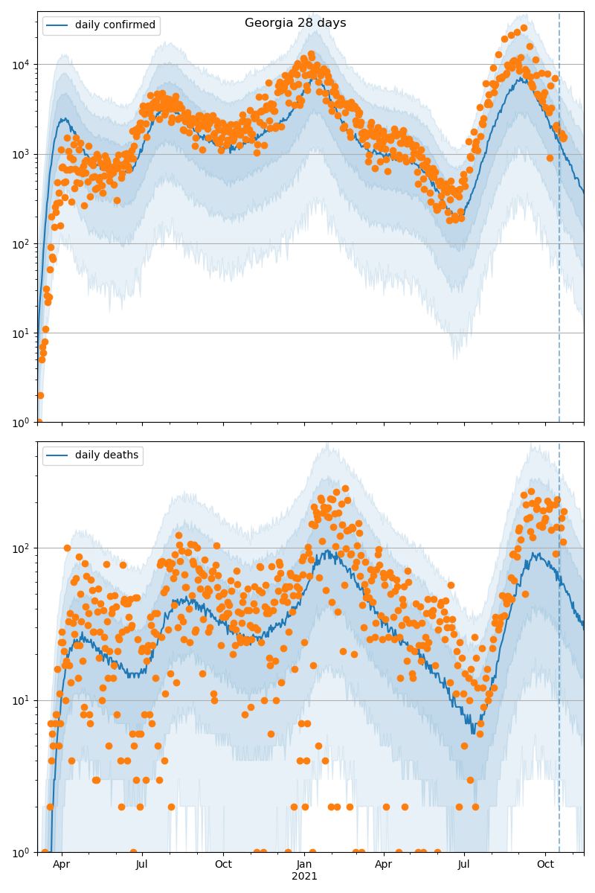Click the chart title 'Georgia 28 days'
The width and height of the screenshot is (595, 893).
tap(295, 23)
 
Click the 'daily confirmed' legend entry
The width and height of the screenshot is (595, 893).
tap(115, 25)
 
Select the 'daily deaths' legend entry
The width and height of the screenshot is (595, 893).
tap(106, 455)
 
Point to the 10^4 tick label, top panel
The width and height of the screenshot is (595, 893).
tap(21, 65)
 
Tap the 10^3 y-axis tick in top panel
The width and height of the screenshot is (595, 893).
tap(21, 154)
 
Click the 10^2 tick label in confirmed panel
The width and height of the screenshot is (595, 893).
tap(21, 243)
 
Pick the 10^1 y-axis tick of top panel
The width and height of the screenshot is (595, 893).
tap(21, 333)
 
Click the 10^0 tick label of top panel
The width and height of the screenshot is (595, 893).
tap(21, 422)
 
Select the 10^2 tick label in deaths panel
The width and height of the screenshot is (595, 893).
tap(21, 548)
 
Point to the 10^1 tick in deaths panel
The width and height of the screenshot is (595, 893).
tap(21, 700)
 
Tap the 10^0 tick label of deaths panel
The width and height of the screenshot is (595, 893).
tap(21, 852)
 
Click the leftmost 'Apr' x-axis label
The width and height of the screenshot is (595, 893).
tap(62, 865)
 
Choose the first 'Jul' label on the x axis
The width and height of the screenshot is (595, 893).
tap(142, 865)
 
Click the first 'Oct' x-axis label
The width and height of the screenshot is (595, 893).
tap(223, 865)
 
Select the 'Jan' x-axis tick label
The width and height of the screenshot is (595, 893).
tap(304, 865)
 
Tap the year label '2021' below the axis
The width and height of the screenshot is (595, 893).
tap(304, 876)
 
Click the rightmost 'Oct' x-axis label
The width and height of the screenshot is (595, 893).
tap(546, 865)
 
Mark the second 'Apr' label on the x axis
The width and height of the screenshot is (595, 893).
tap(384, 865)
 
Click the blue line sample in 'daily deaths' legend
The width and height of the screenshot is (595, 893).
tap(58, 455)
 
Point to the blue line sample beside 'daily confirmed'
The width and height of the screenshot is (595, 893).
tap(58, 25)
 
